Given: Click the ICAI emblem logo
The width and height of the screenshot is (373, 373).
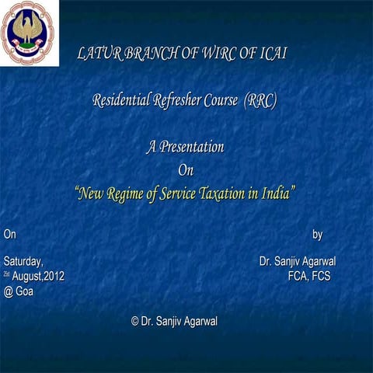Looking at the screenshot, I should click(x=30, y=33).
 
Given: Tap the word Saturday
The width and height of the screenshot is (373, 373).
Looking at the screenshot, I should click(x=23, y=260).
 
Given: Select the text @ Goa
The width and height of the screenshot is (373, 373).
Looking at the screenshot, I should click(x=19, y=291).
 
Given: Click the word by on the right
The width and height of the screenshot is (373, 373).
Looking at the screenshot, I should click(x=317, y=234).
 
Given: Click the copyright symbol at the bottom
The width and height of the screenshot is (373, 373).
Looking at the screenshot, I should click(x=135, y=322).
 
